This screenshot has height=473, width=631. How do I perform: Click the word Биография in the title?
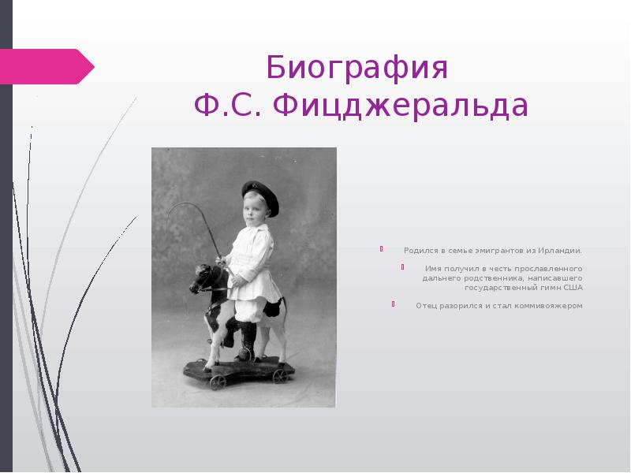coord(357,69)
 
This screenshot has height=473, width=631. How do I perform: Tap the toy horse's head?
coord(206,280)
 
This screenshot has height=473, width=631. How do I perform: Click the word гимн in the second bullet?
coord(547,288)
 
